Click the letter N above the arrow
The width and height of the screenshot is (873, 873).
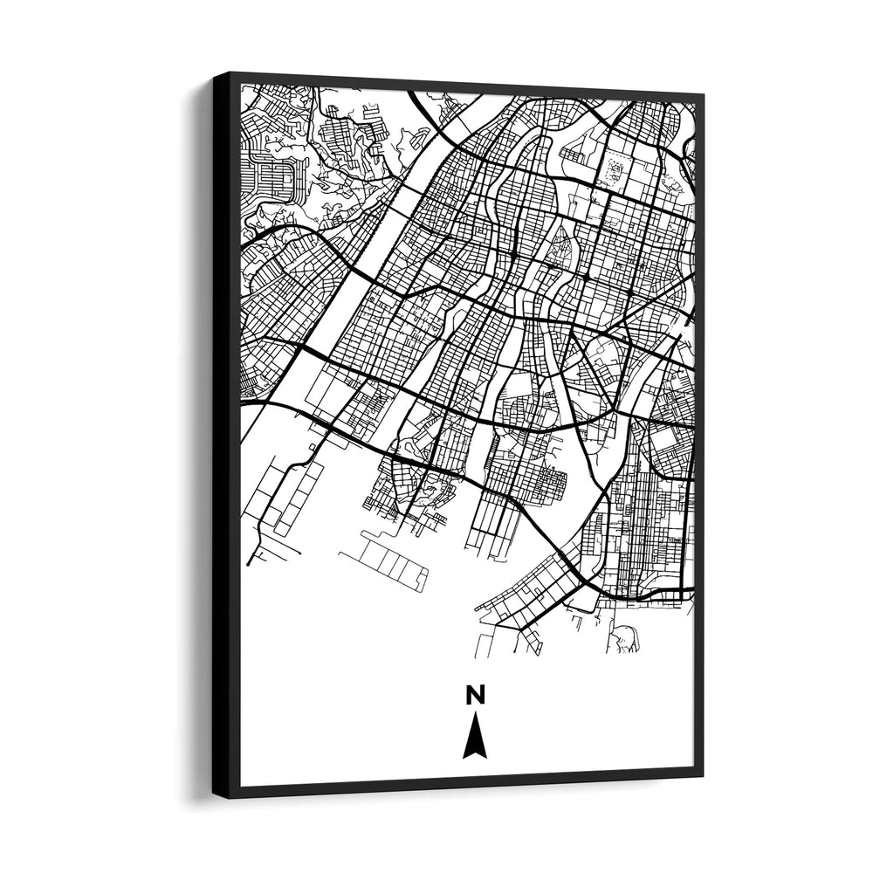click(x=475, y=695)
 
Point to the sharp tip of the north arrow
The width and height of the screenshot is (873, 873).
click(x=475, y=714)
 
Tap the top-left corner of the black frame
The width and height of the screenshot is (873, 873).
click(x=215, y=75)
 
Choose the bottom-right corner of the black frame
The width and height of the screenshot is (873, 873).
click(x=702, y=775)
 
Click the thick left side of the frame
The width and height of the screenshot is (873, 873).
click(x=226, y=436)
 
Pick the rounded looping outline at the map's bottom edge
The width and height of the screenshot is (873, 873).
click(x=623, y=641)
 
